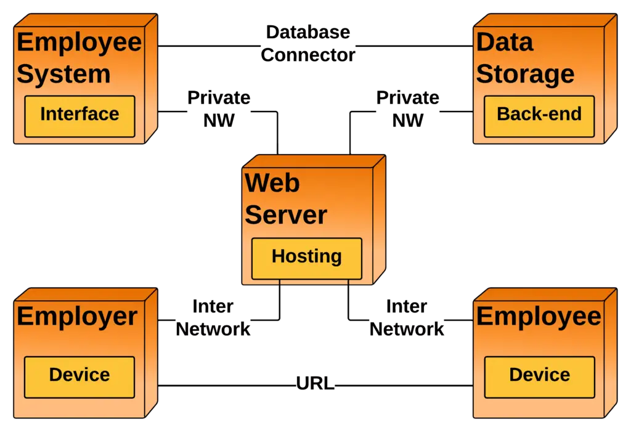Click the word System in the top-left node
click(63, 75)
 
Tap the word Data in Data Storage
click(504, 43)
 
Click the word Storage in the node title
click(525, 75)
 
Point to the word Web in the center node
click(272, 183)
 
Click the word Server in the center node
click(286, 215)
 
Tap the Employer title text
click(77, 317)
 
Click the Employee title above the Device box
click(539, 317)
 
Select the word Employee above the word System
click(79, 43)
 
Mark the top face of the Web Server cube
click(314, 161)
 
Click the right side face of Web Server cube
click(380, 219)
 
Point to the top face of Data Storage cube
click(546, 20)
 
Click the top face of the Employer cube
click(86, 294)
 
